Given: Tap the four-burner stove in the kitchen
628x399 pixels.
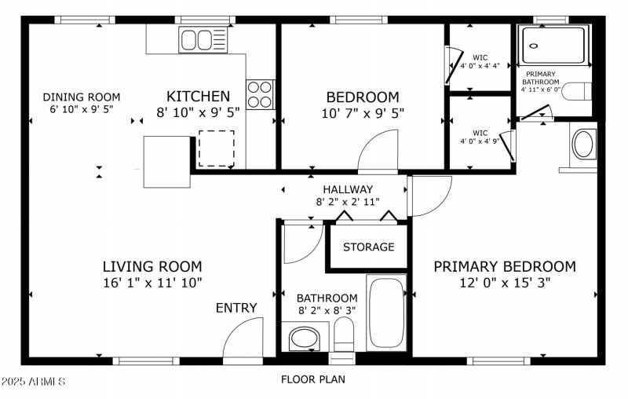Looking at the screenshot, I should click(x=261, y=94).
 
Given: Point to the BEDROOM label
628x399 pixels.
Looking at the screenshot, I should click(x=362, y=97).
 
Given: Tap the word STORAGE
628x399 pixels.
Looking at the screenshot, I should click(x=368, y=247).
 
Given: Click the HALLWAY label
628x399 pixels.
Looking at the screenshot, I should click(x=348, y=189).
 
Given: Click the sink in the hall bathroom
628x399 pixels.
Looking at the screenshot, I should click(x=303, y=339).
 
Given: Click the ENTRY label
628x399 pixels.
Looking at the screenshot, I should click(x=236, y=308).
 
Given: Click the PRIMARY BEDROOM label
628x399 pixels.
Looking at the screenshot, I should click(x=505, y=266).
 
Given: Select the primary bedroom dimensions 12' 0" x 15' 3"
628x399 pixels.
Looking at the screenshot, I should click(x=505, y=283).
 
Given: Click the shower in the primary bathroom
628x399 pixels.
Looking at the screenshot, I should click(x=553, y=45).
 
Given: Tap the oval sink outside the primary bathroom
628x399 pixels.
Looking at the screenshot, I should click(x=582, y=145).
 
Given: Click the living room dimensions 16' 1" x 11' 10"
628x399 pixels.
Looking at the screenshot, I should click(x=152, y=283).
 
